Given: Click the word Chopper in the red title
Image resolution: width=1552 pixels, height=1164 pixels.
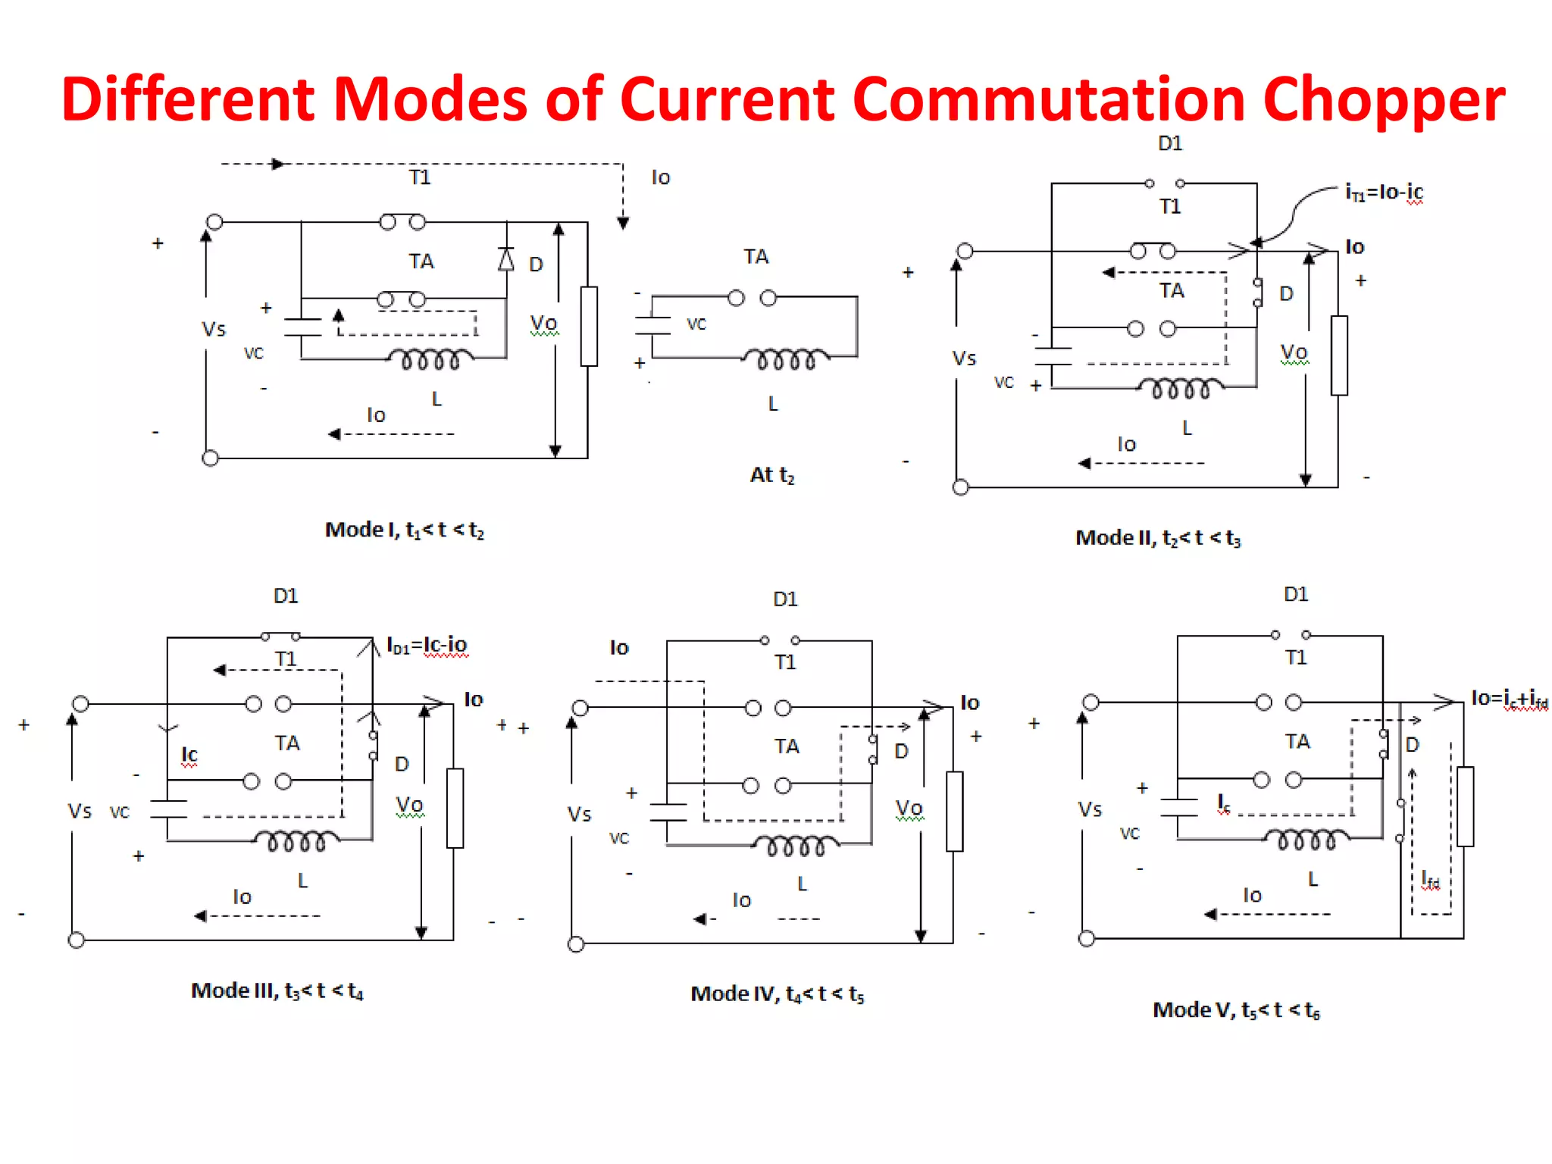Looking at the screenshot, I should (x=1384, y=100).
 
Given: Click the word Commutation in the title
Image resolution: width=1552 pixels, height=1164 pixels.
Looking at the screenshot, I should (x=1049, y=99).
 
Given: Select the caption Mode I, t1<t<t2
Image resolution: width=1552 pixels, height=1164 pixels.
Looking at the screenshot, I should (x=404, y=530).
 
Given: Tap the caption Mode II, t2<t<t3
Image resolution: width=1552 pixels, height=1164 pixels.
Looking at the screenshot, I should (x=1158, y=538).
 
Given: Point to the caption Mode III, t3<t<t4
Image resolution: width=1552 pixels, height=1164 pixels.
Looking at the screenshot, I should (x=277, y=990).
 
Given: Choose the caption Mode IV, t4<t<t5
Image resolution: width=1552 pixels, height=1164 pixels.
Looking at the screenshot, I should (x=778, y=993).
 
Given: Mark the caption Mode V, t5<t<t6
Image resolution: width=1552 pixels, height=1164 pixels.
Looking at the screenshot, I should (x=1236, y=1010).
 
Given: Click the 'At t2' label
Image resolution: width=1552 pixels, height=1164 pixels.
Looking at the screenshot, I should (x=772, y=475).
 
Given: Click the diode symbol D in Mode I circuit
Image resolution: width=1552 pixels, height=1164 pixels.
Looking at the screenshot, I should (x=506, y=260).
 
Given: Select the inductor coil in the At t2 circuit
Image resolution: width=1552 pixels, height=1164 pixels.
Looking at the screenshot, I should (x=785, y=358).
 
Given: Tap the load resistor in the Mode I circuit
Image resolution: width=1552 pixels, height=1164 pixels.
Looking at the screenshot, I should (x=589, y=326).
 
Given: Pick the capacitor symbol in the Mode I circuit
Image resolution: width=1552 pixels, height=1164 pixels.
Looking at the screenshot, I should (x=302, y=327).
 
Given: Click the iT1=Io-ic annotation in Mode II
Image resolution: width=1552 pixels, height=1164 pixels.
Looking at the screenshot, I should (x=1384, y=192).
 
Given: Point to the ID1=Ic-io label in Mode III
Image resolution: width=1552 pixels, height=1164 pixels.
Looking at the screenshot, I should (x=427, y=645).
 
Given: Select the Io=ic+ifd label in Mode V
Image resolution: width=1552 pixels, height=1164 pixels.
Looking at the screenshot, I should (x=1509, y=698).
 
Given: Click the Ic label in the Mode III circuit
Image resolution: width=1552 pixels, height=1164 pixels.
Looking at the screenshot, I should (x=189, y=754).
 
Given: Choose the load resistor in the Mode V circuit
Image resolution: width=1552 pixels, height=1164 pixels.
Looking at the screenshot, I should (x=1465, y=806).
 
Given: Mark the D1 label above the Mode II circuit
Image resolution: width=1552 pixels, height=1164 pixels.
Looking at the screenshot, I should (x=1170, y=143).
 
